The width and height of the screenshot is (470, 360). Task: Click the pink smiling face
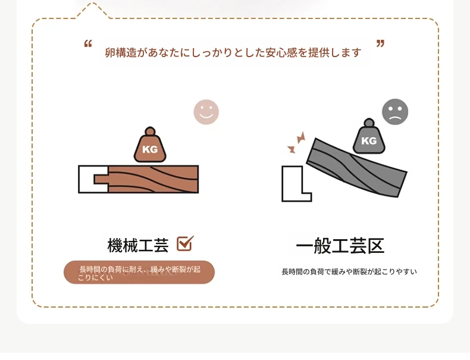click(x=206, y=112)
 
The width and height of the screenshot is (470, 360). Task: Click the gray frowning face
click(x=395, y=112)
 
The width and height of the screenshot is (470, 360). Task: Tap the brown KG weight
click(x=150, y=145)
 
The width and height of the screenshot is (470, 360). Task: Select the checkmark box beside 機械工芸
click(x=185, y=243)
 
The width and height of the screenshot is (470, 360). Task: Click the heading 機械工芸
click(x=138, y=245)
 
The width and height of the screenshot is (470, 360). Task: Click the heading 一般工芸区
click(x=340, y=246)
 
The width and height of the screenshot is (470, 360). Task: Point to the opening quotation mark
click(x=88, y=44)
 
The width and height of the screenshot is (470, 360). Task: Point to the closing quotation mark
click(x=380, y=44)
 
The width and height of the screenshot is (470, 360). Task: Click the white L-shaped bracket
click(x=292, y=192)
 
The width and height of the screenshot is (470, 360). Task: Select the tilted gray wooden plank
click(x=357, y=168)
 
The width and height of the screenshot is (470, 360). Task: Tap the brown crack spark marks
click(x=296, y=142)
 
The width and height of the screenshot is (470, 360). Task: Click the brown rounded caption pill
click(x=139, y=272)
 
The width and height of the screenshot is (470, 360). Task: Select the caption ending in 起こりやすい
click(x=349, y=271)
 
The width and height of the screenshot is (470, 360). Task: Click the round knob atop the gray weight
click(x=369, y=123)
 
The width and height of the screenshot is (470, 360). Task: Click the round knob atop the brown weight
click(x=150, y=132)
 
